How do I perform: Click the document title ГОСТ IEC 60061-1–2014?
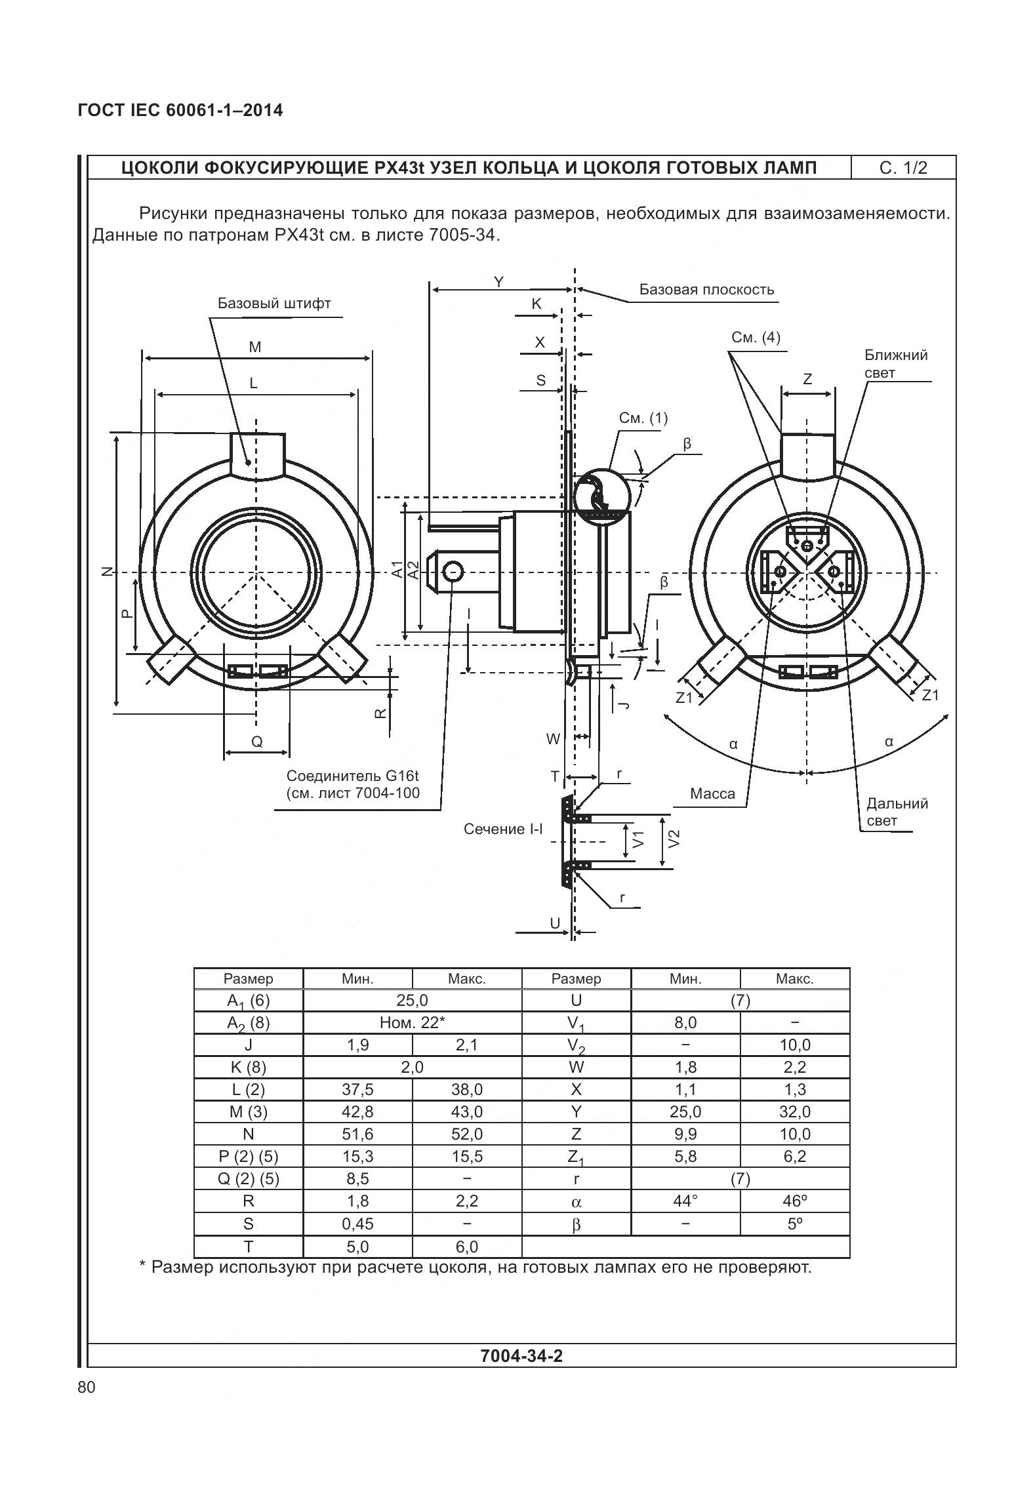click(x=180, y=110)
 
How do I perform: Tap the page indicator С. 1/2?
click(x=903, y=168)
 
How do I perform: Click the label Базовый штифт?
click(x=274, y=304)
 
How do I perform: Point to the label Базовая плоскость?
click(x=706, y=290)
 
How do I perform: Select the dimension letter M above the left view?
click(x=255, y=347)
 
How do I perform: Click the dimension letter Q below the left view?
click(x=257, y=742)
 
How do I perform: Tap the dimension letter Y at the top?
click(x=498, y=282)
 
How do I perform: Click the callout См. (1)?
click(x=643, y=418)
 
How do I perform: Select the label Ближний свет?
click(x=895, y=364)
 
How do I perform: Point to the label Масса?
click(x=712, y=794)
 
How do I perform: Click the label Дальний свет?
click(x=897, y=812)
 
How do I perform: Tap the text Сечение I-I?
click(x=503, y=829)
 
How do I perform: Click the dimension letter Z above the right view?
click(x=807, y=379)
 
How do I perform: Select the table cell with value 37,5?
click(x=357, y=1090)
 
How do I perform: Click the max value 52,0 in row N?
click(x=466, y=1134)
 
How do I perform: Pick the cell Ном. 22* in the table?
click(x=412, y=1023)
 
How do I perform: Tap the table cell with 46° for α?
click(x=794, y=1201)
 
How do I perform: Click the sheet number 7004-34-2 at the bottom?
click(x=521, y=1356)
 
